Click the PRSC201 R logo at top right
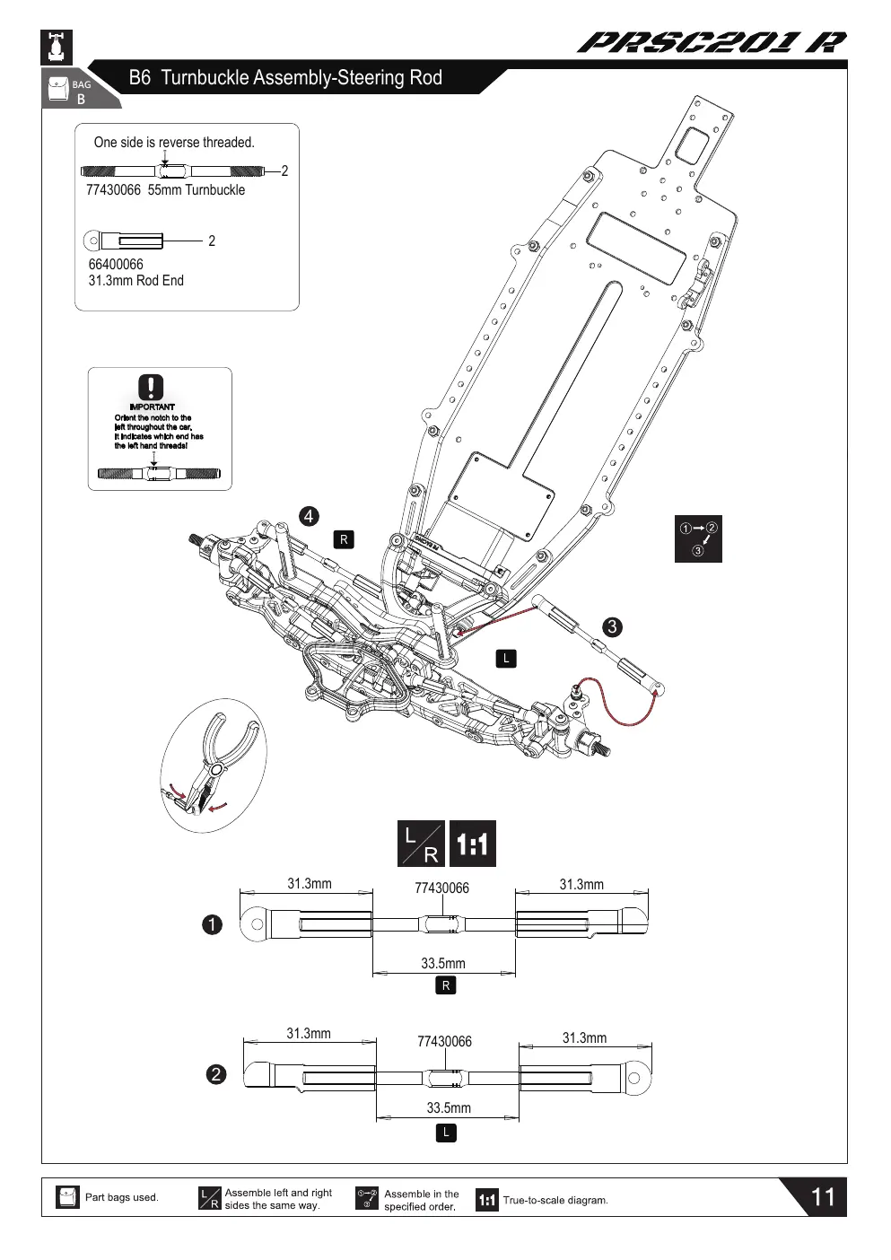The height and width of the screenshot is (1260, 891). tap(712, 43)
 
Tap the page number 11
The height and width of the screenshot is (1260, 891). tap(823, 1197)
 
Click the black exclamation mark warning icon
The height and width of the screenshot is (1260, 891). tap(151, 387)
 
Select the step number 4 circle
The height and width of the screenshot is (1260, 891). tap(309, 516)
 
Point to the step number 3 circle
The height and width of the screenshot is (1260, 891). tap(613, 627)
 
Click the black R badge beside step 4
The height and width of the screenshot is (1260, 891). tap(344, 539)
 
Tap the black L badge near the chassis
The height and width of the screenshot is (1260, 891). tap(506, 659)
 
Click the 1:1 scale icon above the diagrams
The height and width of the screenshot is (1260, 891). tap(472, 844)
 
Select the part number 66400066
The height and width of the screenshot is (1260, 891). tap(116, 265)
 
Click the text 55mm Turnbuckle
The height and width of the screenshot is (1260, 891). tap(197, 190)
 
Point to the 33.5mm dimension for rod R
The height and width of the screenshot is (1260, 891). tap(443, 963)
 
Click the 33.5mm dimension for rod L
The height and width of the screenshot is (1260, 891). tap(449, 1107)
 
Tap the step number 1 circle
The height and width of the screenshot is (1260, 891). tap(212, 924)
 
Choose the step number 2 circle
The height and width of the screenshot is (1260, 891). tap(216, 1074)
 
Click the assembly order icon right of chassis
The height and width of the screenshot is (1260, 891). tap(698, 538)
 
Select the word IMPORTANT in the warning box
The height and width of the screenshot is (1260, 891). tap(152, 407)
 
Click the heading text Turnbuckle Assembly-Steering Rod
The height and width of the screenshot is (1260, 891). tap(301, 77)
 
